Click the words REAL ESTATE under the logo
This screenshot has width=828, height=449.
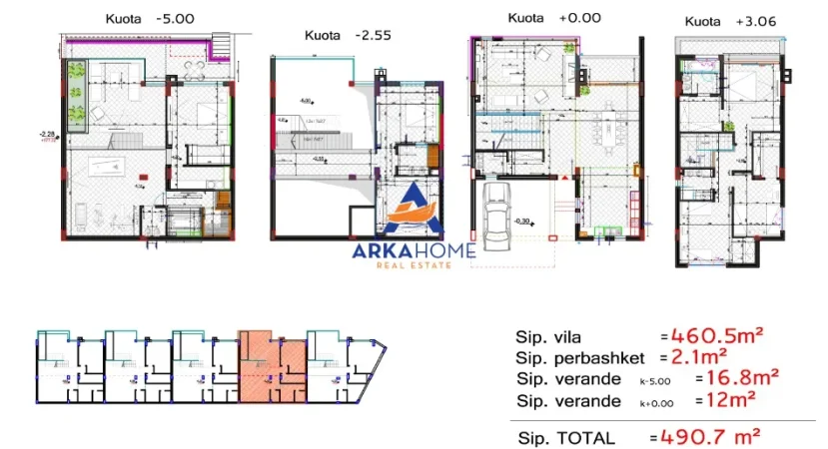tap(413, 264)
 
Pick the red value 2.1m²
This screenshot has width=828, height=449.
tap(699, 357)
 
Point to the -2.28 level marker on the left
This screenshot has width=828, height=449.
tap(47, 134)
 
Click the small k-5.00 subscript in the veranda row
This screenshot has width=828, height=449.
tap(655, 381)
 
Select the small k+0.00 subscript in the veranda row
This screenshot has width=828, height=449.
tap(655, 402)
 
